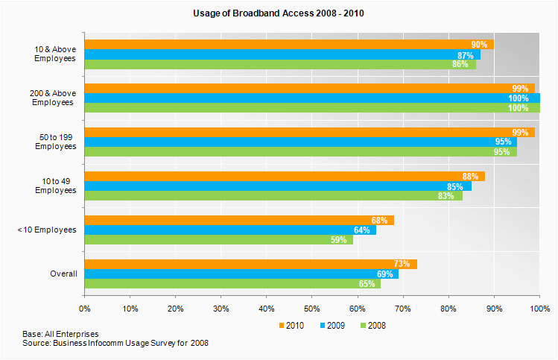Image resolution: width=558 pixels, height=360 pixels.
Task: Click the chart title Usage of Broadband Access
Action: (x=278, y=13)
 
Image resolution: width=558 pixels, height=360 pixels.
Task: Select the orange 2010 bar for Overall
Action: (x=250, y=264)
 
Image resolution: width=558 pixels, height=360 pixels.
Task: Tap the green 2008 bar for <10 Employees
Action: (x=218, y=240)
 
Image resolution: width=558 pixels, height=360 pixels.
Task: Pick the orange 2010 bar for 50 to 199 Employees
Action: (x=309, y=132)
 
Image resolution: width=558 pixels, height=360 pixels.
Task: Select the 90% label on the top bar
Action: (x=479, y=45)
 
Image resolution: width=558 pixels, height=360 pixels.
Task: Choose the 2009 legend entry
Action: (x=333, y=325)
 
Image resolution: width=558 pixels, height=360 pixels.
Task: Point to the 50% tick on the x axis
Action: (x=312, y=307)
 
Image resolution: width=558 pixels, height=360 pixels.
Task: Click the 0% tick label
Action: (x=84, y=307)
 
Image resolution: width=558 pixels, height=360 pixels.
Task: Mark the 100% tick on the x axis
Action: (x=539, y=307)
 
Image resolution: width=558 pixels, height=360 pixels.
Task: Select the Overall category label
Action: (x=63, y=274)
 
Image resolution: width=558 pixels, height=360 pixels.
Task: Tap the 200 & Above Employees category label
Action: (x=57, y=98)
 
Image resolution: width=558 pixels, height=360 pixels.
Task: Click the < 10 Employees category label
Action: (x=47, y=230)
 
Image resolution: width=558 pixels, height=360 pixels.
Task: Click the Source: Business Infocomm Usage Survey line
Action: (x=115, y=343)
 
